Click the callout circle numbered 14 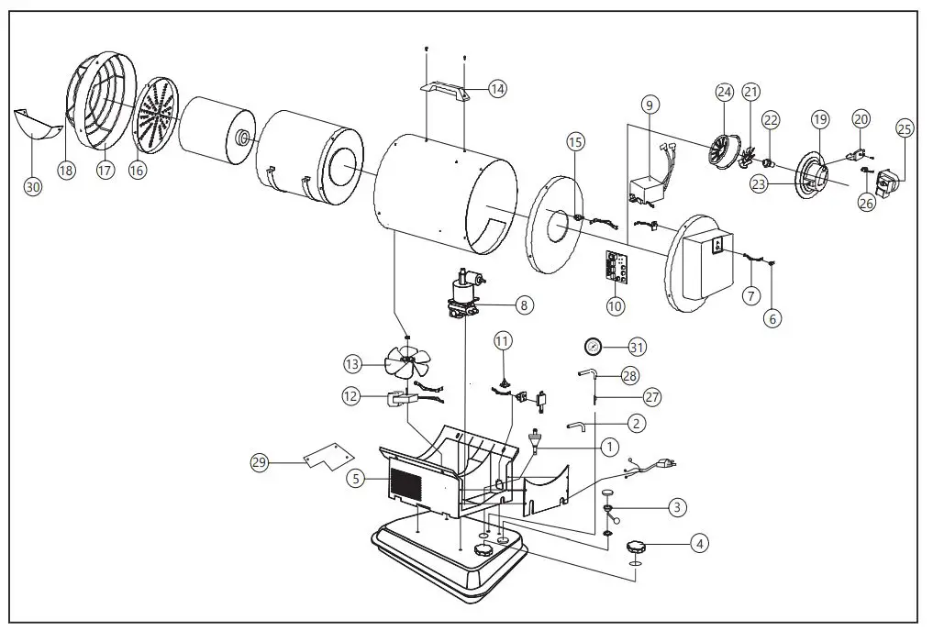(496, 89)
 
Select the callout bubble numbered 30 (33, 186)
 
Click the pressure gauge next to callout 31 (594, 347)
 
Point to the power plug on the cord (668, 464)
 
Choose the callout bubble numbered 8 (523, 304)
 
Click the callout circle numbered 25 (904, 129)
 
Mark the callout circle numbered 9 (649, 105)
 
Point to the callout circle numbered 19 (819, 119)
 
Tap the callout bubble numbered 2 (636, 423)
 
